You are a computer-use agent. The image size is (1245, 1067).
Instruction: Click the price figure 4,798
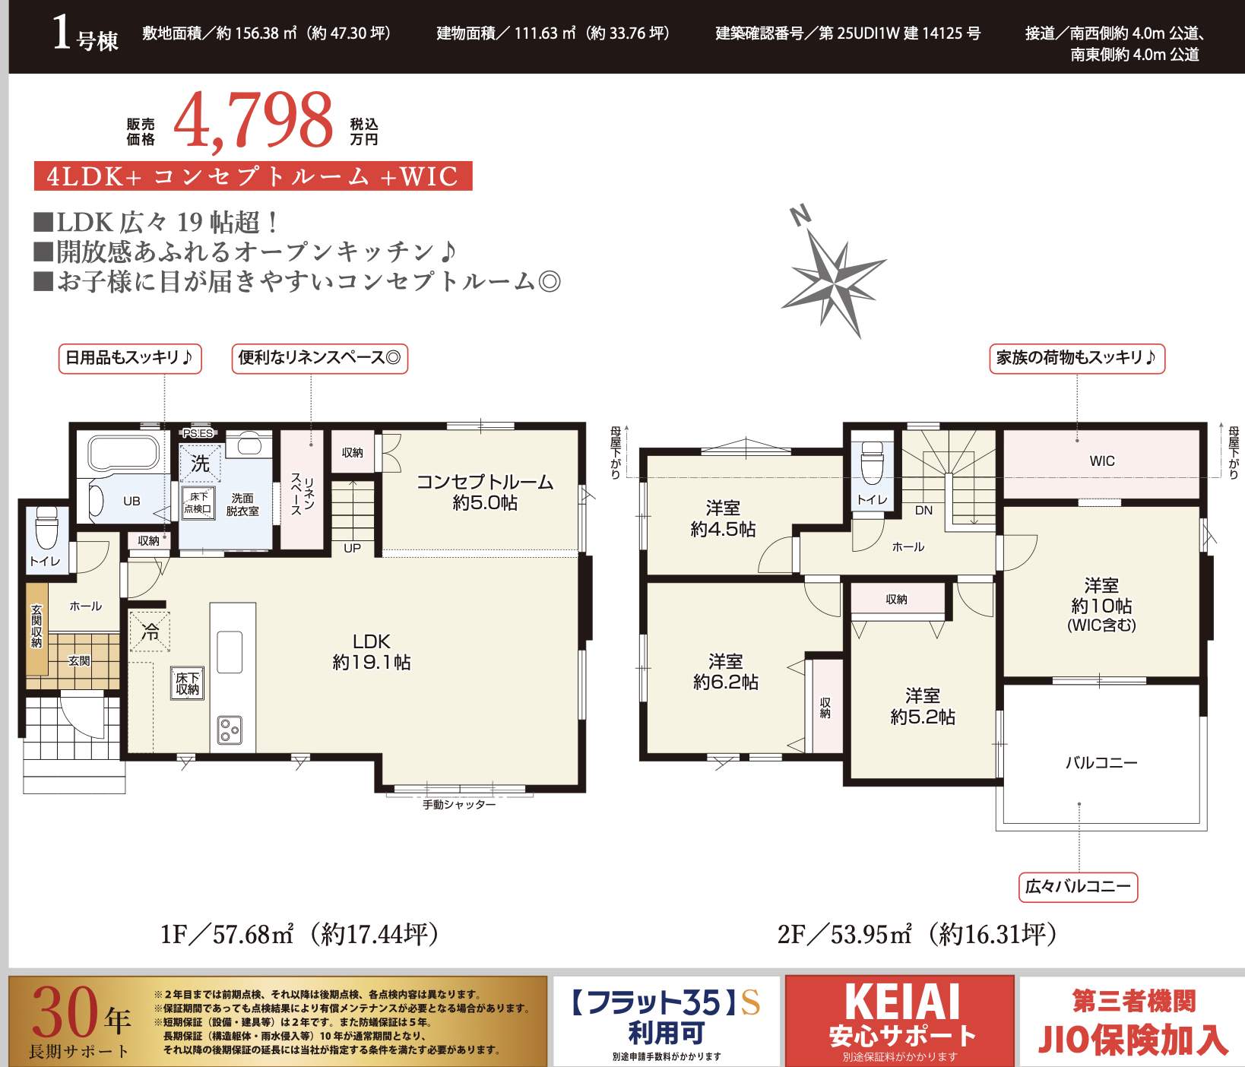(x=253, y=120)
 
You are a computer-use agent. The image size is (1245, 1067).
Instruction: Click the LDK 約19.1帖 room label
(x=371, y=652)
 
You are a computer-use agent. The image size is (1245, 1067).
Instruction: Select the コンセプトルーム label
(x=485, y=482)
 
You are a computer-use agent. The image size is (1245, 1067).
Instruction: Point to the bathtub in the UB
(x=122, y=454)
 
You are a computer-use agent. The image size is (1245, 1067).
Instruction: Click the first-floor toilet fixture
(x=47, y=527)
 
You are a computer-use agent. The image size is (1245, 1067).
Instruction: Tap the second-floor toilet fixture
(x=872, y=461)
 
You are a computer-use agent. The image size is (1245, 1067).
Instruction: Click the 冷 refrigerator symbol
(x=150, y=632)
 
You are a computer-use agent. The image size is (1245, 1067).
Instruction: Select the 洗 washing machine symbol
(x=200, y=463)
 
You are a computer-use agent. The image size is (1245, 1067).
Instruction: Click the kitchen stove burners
(x=229, y=730)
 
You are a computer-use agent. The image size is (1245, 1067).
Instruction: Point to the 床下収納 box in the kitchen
(x=187, y=683)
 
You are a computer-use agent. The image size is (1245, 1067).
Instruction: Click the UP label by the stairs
(x=352, y=548)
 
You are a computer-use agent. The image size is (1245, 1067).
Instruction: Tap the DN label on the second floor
(x=923, y=510)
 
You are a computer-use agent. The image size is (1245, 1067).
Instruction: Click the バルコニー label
(x=1101, y=762)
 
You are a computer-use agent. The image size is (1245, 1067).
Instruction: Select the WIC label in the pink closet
(x=1102, y=461)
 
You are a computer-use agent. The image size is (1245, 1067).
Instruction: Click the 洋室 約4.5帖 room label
(x=723, y=518)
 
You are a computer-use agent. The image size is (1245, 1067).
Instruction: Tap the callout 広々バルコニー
(x=1078, y=886)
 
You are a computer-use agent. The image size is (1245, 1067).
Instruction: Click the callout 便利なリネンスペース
(x=319, y=358)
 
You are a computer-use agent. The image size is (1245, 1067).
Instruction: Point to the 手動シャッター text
(x=459, y=804)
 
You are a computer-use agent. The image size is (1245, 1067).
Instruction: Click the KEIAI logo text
(x=902, y=1002)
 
